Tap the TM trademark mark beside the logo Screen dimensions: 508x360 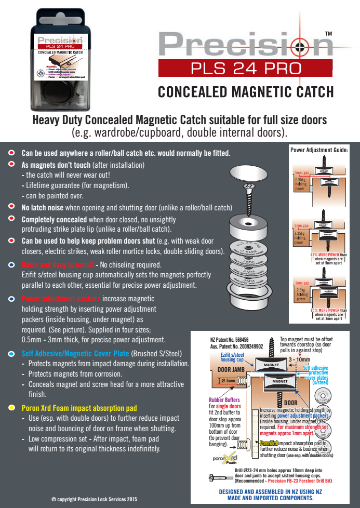pos(328,34)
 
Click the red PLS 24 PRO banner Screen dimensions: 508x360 pos(245,68)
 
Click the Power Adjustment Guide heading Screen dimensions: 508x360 pos(319,150)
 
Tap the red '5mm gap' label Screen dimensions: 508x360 pos(301,172)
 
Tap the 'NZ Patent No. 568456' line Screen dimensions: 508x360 pos(230,339)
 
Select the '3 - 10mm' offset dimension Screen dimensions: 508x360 pos(299,359)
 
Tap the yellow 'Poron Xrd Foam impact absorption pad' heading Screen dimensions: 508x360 pos(72,408)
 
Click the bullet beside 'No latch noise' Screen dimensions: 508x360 pos(11,207)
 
